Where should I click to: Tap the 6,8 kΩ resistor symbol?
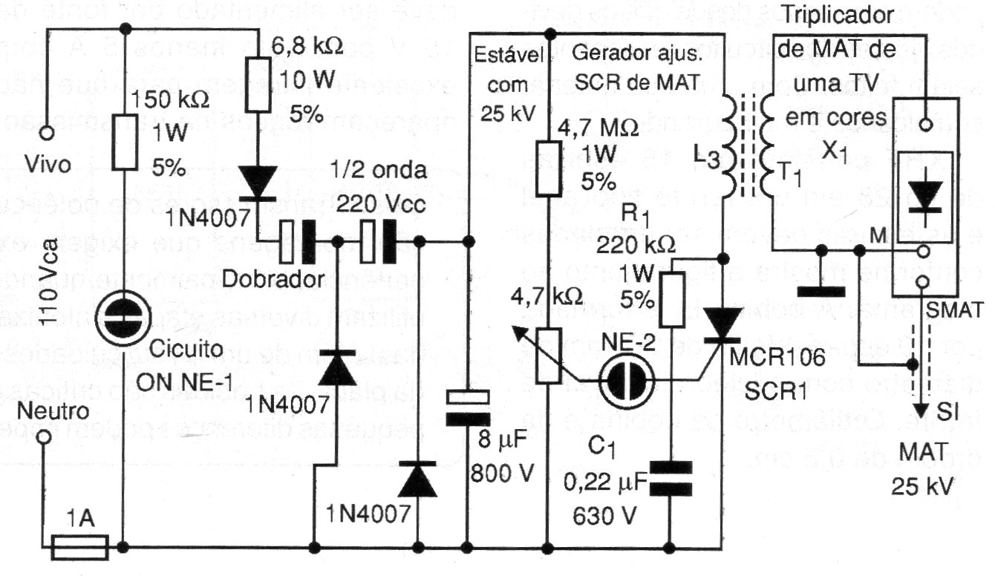[257, 86]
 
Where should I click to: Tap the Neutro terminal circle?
[46, 438]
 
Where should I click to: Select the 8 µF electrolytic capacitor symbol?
[468, 408]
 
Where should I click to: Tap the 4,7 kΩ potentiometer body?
[548, 356]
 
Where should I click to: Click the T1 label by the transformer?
[789, 173]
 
